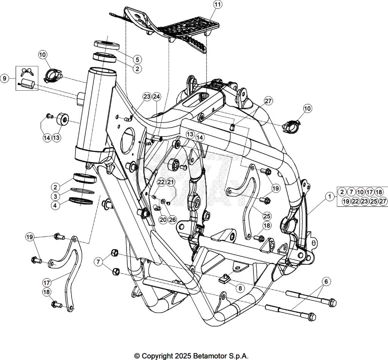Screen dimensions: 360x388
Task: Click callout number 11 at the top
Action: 217,5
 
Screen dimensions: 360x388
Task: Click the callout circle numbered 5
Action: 137,59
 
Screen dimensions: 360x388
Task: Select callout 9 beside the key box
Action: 5,78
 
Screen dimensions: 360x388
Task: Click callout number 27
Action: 268,101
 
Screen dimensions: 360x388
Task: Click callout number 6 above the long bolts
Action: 325,281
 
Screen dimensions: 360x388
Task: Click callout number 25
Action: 267,216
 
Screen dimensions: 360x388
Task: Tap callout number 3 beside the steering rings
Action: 55,196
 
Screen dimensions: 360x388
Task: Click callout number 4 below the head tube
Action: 55,206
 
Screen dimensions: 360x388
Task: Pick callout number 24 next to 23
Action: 156,96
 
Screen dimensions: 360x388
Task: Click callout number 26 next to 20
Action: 172,219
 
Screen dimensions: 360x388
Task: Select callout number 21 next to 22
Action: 171,182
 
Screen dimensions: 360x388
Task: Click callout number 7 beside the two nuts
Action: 99,262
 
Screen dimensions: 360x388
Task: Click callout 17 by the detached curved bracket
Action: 47,282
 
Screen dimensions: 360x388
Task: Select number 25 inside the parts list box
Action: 374,201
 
